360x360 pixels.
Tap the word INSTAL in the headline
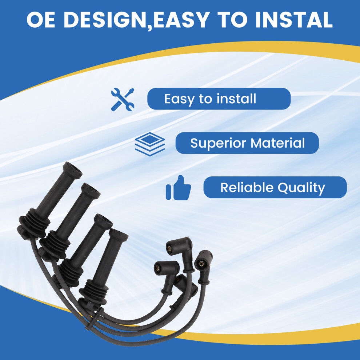294,20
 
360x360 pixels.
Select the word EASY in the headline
183,20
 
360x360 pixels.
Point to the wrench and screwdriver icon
123,99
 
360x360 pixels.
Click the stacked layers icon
150,144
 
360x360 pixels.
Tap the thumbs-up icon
179,188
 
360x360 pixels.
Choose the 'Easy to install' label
219,99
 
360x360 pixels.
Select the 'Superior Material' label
247,143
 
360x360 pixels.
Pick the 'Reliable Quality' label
275,187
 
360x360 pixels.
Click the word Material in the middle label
277,143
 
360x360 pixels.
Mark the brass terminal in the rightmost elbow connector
201,264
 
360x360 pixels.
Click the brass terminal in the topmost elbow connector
170,248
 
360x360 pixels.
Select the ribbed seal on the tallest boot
35,223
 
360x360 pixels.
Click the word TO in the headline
234,20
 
